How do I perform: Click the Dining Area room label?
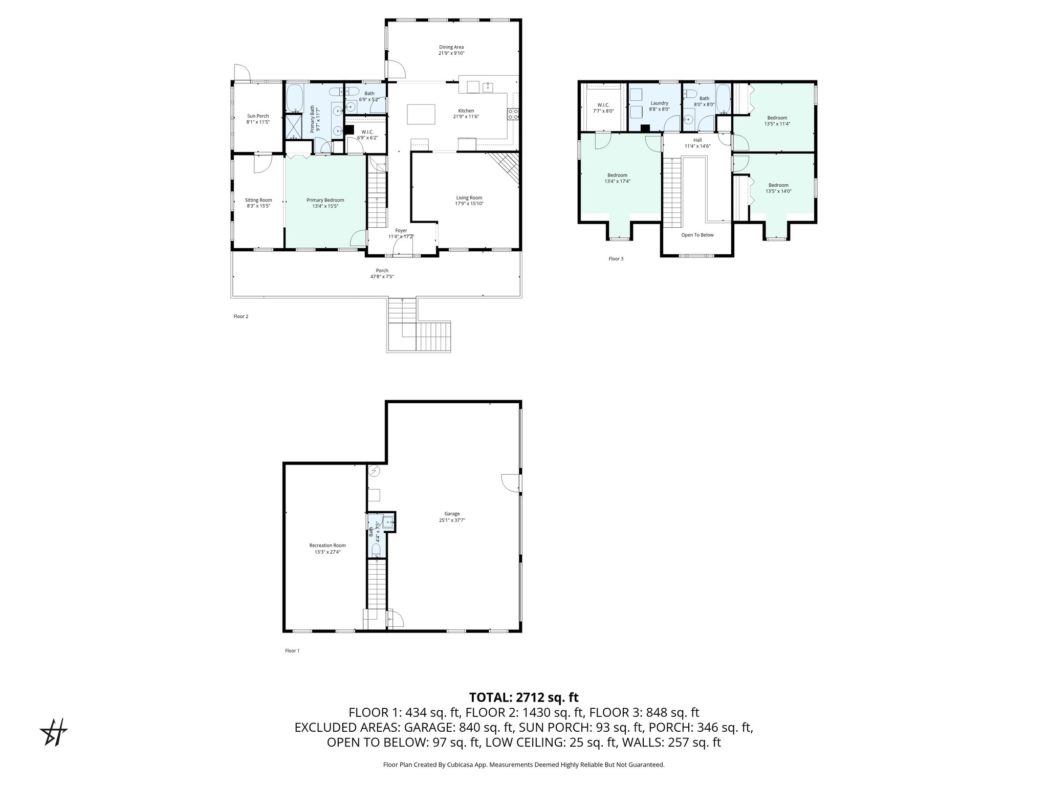pos(451,47)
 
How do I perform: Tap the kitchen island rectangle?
pos(421,114)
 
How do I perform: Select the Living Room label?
pos(469,198)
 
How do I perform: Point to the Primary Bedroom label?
pos(325,200)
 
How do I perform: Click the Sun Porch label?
pos(258,116)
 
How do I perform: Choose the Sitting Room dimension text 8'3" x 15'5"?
pos(258,206)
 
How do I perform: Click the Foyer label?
pos(401,230)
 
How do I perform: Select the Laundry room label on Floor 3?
pos(659,103)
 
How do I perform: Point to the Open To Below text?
pos(697,235)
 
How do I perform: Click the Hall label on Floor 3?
pos(697,140)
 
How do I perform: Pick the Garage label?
pos(452,514)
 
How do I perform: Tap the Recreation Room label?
pos(327,545)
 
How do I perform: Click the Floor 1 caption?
pos(292,651)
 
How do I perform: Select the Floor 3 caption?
pos(616,259)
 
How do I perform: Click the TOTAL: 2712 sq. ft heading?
pos(523,697)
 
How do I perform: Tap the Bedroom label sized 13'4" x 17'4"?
pos(617,175)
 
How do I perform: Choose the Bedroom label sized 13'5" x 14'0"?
pos(778,185)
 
